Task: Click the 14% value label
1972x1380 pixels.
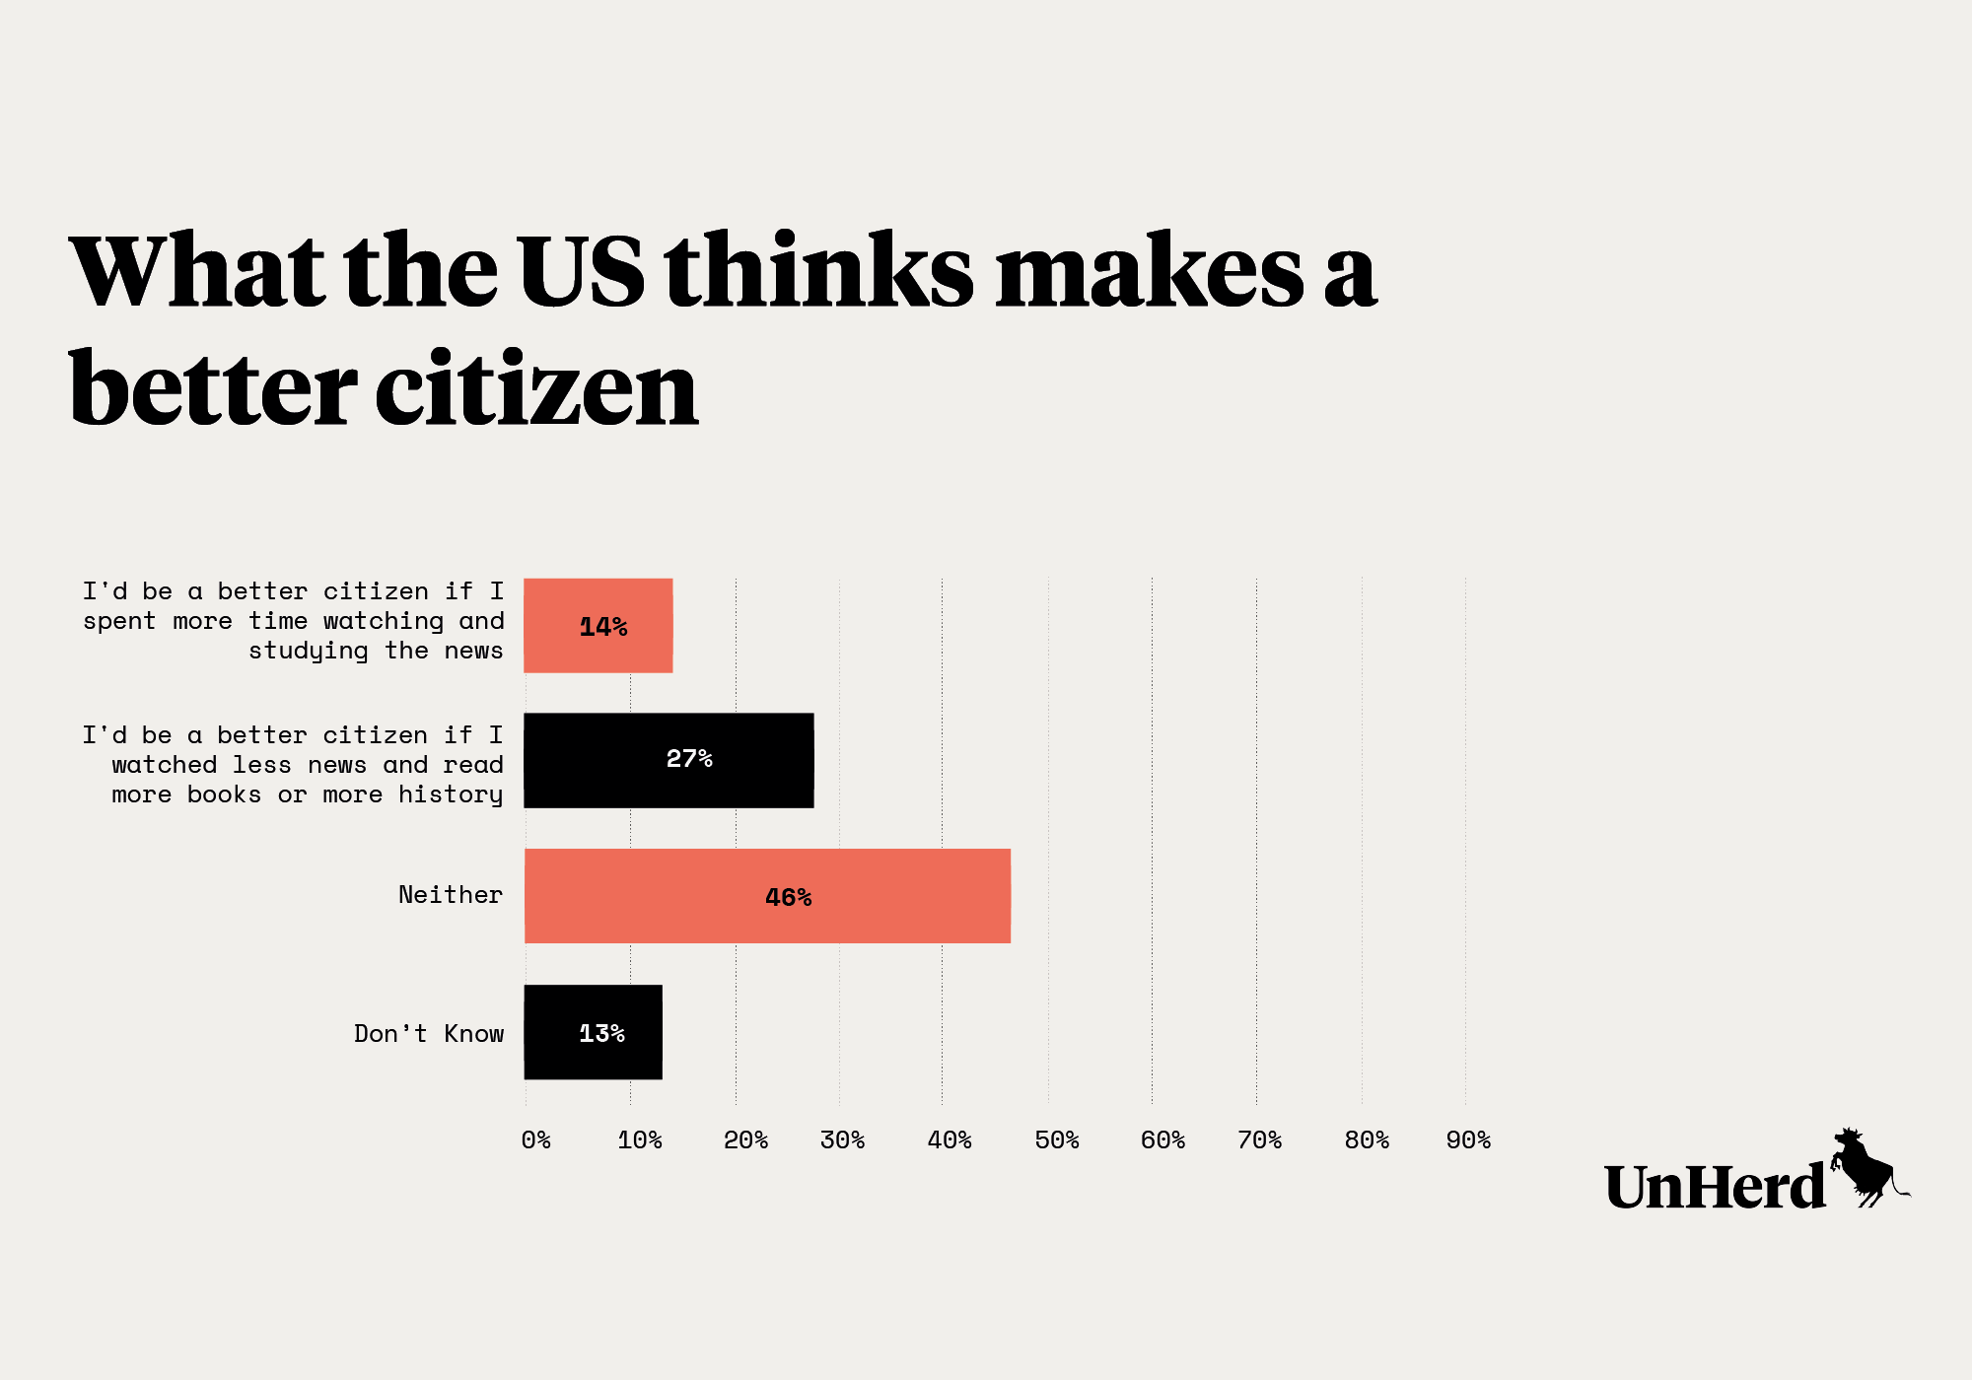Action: point(602,627)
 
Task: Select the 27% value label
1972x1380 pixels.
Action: point(688,759)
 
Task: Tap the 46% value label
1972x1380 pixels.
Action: point(788,898)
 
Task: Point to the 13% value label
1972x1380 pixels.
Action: point(601,1034)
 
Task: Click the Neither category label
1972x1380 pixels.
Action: point(450,895)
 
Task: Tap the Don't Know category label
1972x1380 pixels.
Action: point(429,1034)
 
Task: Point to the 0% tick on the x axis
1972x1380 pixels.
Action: point(535,1140)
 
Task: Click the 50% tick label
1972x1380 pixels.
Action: point(1056,1140)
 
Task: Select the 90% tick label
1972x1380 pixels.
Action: point(1467,1140)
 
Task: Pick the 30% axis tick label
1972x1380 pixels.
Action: point(842,1140)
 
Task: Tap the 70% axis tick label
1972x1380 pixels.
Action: point(1259,1140)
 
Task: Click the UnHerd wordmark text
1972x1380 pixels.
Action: point(1715,1187)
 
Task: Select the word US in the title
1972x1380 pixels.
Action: point(581,271)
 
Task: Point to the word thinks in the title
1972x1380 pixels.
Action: point(819,271)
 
